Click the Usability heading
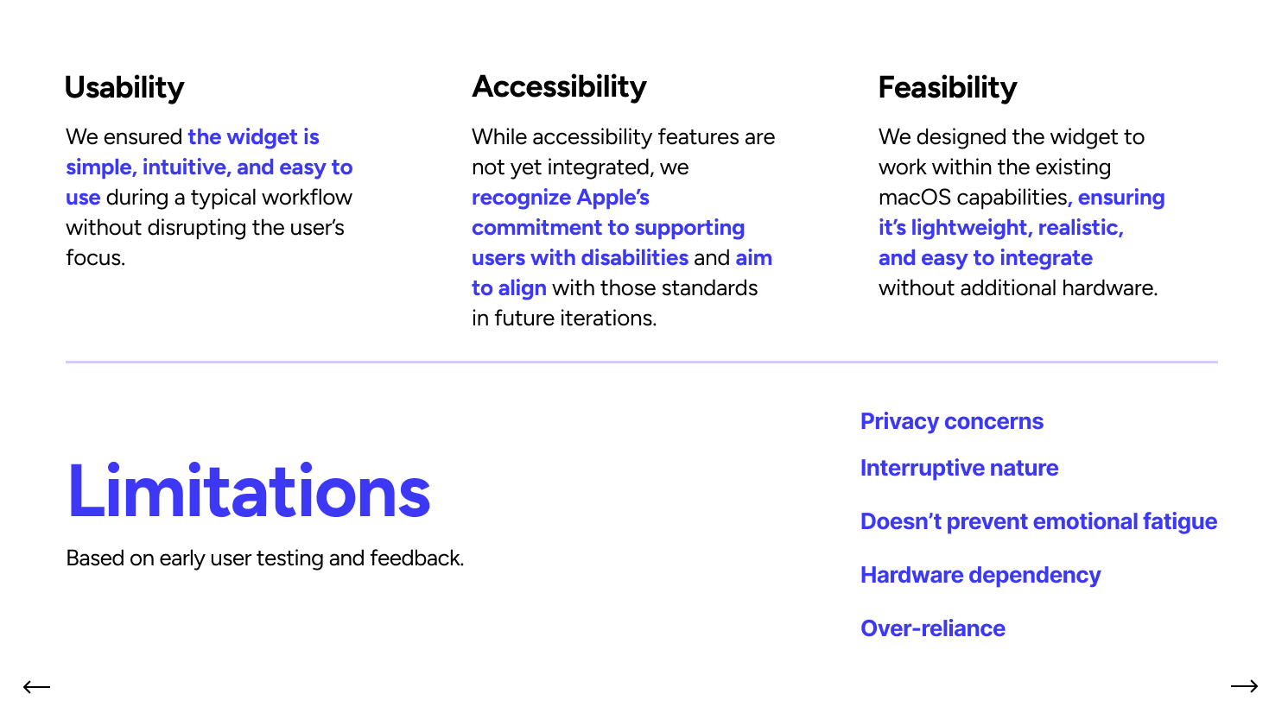point(124,88)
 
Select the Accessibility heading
point(559,87)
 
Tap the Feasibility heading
point(947,88)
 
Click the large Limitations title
point(249,491)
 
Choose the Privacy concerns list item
point(951,421)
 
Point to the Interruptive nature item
point(959,468)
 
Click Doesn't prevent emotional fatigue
point(1038,521)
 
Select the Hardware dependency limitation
point(980,575)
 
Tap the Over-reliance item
point(932,628)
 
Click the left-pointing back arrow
point(36,687)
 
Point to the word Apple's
point(612,198)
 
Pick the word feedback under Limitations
point(416,558)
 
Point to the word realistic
point(1080,228)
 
